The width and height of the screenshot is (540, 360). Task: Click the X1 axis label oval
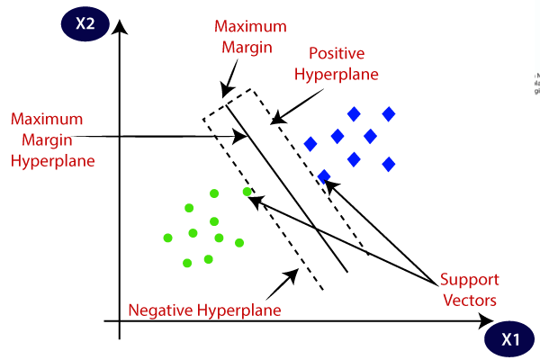click(510, 340)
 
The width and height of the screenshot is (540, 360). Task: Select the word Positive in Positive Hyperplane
click(335, 53)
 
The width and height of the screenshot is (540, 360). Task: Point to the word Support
click(469, 280)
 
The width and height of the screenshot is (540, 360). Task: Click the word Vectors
click(470, 299)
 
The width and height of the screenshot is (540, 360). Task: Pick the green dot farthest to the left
click(167, 238)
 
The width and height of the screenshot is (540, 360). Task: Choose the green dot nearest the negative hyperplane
click(247, 192)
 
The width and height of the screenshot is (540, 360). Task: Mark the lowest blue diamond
click(324, 176)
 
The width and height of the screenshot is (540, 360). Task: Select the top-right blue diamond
click(389, 113)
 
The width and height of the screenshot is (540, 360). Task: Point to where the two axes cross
click(119, 319)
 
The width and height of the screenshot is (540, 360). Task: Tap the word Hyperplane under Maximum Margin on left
click(53, 162)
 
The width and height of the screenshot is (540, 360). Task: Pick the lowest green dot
click(187, 263)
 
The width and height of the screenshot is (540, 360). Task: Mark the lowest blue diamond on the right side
click(389, 164)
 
